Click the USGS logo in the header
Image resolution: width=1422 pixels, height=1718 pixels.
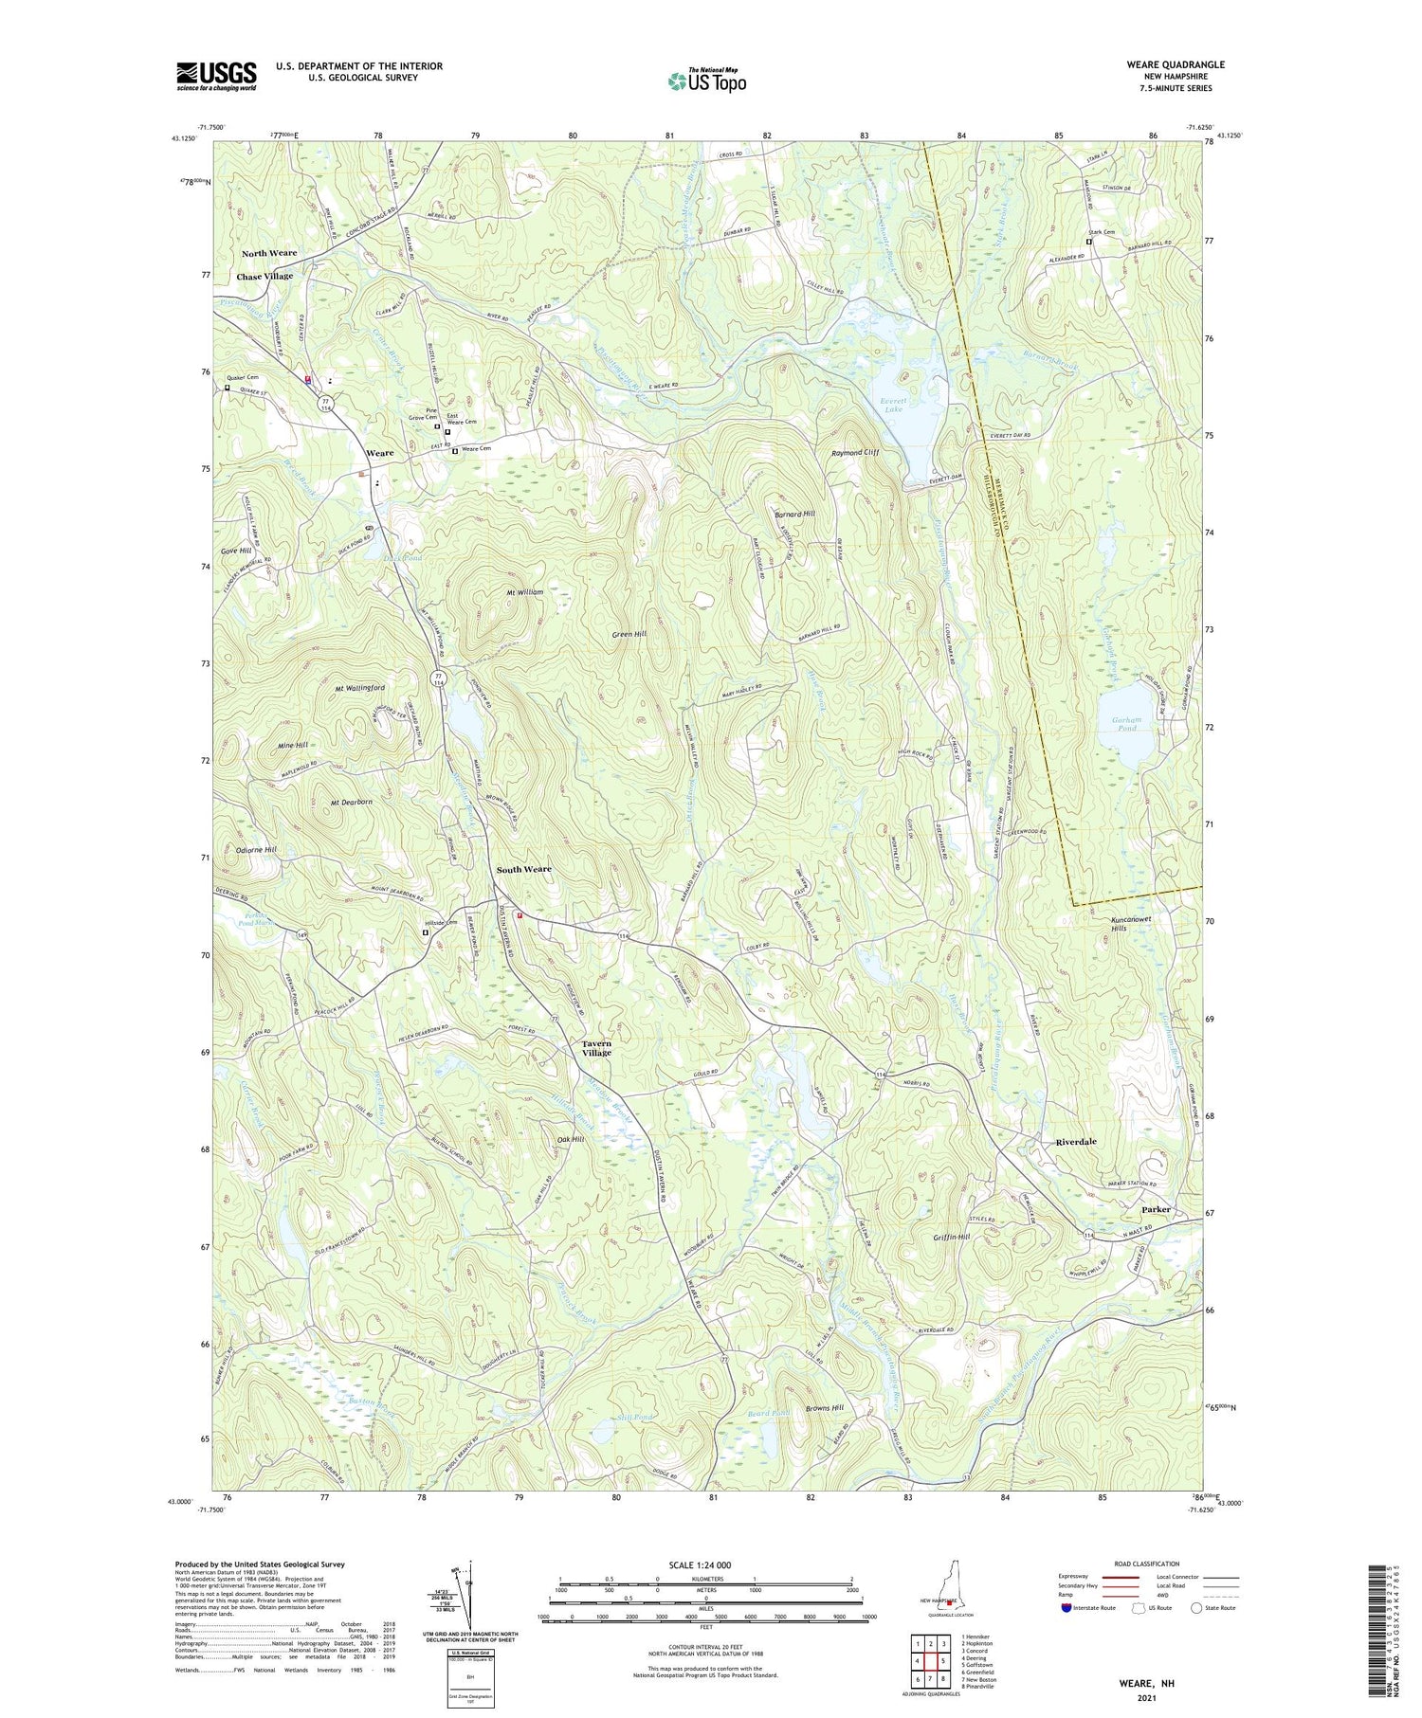point(216,76)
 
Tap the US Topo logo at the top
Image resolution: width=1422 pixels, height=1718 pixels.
point(706,81)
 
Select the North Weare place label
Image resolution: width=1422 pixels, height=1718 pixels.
point(268,253)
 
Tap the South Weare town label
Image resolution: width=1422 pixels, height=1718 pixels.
point(523,869)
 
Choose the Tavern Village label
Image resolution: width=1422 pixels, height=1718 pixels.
point(596,1048)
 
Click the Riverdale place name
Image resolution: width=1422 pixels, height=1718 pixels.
point(1075,1142)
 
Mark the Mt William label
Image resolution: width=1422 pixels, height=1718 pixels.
point(524,591)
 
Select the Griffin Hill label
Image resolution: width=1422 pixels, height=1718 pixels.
point(951,1238)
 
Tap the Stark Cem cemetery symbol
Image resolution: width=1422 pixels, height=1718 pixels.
point(1088,242)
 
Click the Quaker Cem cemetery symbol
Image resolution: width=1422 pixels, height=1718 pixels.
point(228,387)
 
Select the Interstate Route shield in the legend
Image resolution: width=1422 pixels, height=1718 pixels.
point(1067,1608)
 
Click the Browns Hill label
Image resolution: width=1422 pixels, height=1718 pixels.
point(824,1408)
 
